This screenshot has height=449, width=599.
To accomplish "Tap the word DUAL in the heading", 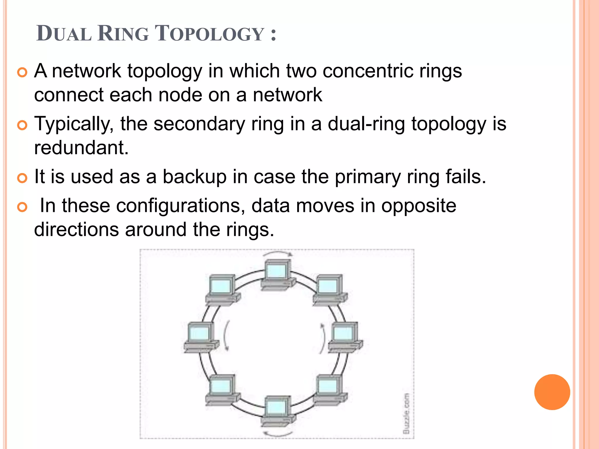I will [x=64, y=34].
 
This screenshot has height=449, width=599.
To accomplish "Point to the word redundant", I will [x=81, y=148].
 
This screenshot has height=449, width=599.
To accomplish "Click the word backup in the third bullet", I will [x=194, y=177].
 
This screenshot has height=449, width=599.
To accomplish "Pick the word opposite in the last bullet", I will [x=419, y=206].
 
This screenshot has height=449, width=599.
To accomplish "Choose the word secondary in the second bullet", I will [x=199, y=124].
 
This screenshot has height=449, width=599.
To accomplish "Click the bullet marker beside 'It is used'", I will [x=22, y=178].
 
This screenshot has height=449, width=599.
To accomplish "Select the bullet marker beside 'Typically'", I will [x=22, y=125].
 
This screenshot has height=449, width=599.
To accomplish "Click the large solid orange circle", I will [x=552, y=392].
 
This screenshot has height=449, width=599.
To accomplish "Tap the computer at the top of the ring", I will [x=277, y=275].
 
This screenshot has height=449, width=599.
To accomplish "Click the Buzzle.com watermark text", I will [x=406, y=413].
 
